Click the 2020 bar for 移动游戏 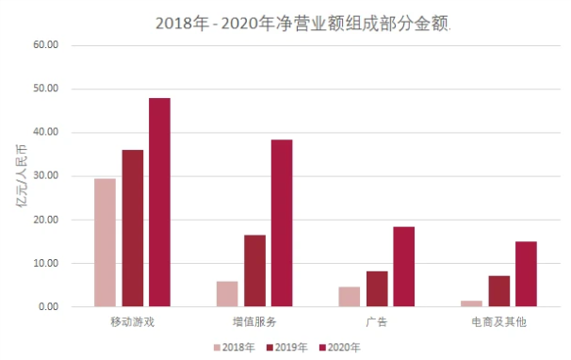pyautogui.click(x=159, y=203)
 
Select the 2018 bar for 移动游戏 pyautogui.click(x=105, y=242)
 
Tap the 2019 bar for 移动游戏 pyautogui.click(x=133, y=228)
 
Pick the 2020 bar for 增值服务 pyautogui.click(x=282, y=223)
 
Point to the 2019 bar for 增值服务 pyautogui.click(x=255, y=270)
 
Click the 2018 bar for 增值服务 pyautogui.click(x=227, y=294)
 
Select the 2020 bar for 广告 pyautogui.click(x=404, y=267)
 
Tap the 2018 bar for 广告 pyautogui.click(x=350, y=297)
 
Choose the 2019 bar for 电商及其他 pyautogui.click(x=499, y=291)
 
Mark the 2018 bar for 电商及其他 pyautogui.click(x=471, y=303)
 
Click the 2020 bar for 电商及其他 pyautogui.click(x=526, y=274)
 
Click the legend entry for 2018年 pyautogui.click(x=235, y=347)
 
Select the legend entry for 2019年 pyautogui.click(x=287, y=347)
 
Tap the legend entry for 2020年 pyautogui.click(x=340, y=347)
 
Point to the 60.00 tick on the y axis pyautogui.click(x=46, y=45)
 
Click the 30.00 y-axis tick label pyautogui.click(x=46, y=175)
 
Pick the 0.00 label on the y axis pyautogui.click(x=48, y=307)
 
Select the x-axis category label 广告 pyautogui.click(x=377, y=322)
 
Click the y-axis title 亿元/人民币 pyautogui.click(x=22, y=176)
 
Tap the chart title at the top pyautogui.click(x=303, y=24)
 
